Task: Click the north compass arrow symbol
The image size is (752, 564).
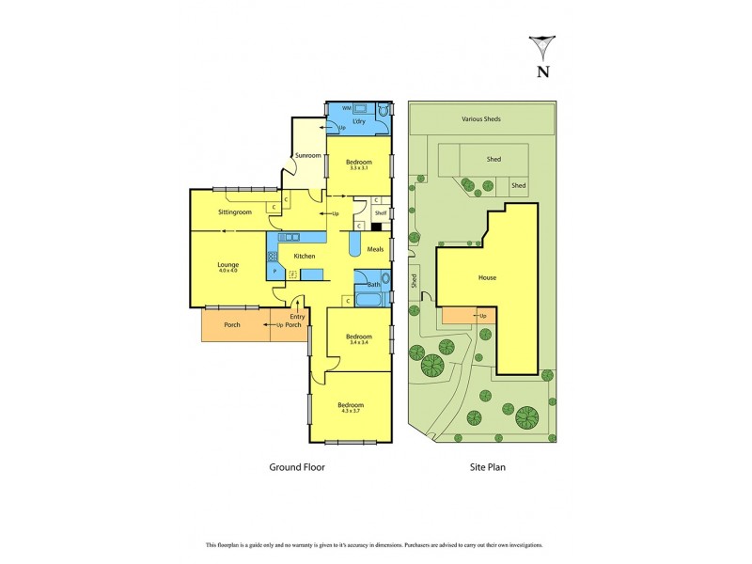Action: click(542, 48)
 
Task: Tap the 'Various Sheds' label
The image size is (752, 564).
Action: click(480, 119)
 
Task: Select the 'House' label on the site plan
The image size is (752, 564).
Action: click(487, 277)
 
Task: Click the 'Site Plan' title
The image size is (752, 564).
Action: click(487, 465)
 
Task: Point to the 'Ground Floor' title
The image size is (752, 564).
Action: click(297, 465)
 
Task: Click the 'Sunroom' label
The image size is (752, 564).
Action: click(308, 155)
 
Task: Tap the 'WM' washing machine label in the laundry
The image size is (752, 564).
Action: click(347, 109)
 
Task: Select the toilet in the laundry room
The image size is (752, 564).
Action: click(382, 110)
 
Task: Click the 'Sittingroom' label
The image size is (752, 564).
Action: click(234, 212)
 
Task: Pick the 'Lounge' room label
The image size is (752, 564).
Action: click(227, 264)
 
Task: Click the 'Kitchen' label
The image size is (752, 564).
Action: click(304, 256)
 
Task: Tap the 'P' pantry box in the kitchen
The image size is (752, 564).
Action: click(274, 271)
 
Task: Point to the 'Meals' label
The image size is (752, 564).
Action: click(375, 249)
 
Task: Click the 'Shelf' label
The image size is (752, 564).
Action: click(380, 213)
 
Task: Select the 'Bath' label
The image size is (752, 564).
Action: click(373, 284)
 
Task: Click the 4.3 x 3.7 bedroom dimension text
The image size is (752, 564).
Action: click(351, 411)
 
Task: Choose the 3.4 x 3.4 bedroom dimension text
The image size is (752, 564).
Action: click(358, 342)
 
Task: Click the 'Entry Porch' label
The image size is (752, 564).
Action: click(297, 321)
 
